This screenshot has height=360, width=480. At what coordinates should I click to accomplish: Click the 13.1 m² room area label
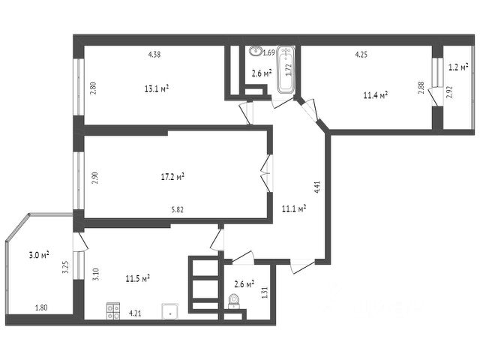156,88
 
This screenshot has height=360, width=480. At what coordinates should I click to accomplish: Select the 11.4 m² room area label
375,95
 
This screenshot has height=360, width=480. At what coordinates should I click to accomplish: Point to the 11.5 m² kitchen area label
138,278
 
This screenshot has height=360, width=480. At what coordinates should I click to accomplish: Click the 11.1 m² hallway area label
293,209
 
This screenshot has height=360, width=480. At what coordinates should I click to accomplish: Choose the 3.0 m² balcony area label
39,256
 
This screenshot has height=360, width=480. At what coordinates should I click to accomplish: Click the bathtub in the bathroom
286,70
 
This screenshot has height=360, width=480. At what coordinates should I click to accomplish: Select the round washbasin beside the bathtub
256,52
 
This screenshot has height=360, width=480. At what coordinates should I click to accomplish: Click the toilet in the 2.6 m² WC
233,301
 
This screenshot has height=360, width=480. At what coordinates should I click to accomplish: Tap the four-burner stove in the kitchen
113,310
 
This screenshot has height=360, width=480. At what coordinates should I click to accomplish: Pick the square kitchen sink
170,311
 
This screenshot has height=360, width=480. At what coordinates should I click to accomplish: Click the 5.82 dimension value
178,209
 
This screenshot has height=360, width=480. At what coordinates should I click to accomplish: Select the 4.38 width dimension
154,54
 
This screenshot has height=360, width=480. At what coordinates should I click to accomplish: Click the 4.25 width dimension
361,54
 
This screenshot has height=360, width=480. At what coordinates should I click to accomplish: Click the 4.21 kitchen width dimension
136,313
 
